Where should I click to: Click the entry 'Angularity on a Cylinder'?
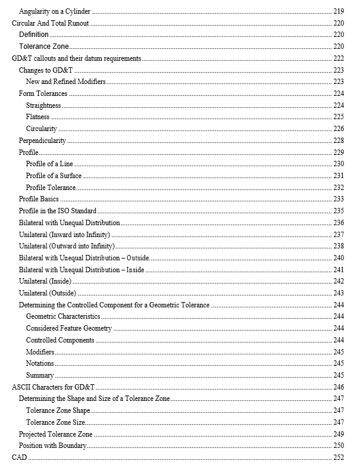[x=55, y=11]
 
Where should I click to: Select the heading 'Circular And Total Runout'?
[x=51, y=23]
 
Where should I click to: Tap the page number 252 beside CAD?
[x=339, y=457]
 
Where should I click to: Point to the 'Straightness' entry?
[x=43, y=105]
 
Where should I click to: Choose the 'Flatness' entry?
[x=37, y=117]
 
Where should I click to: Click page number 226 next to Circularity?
[x=339, y=129]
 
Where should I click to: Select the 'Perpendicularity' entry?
[x=42, y=141]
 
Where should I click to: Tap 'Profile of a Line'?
[x=50, y=164]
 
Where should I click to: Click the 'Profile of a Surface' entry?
[x=54, y=176]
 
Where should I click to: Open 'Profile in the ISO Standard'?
[x=58, y=211]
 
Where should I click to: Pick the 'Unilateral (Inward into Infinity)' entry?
[x=65, y=235]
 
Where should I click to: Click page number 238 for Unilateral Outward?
[x=339, y=246]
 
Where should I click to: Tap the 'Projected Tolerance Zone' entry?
[x=55, y=434]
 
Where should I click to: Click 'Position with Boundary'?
[x=53, y=446]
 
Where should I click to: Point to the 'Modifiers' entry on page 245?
[x=40, y=352]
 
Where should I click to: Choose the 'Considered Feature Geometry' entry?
[x=68, y=328]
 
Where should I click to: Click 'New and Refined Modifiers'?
[x=65, y=82]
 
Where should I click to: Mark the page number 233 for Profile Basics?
[x=339, y=199]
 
